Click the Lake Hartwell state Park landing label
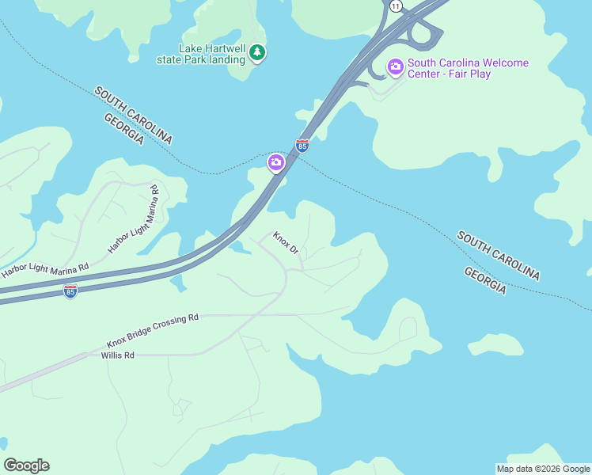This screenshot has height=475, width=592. click(x=211, y=54)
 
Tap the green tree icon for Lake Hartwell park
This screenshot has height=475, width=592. click(x=256, y=53)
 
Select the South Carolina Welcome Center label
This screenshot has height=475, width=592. click(x=468, y=63)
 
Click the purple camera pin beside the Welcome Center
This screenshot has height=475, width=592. click(x=396, y=66)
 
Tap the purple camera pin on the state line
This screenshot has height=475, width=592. click(x=275, y=163)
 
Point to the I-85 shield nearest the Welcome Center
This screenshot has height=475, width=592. click(x=302, y=146)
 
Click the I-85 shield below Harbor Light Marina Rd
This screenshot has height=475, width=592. click(x=70, y=291)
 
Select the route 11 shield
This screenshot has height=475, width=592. click(x=396, y=6)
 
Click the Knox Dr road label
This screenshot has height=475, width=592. click(x=286, y=242)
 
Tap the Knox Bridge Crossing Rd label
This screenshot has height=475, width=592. click(x=153, y=331)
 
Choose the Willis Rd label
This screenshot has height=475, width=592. click(x=118, y=355)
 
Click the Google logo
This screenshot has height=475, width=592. click(x=26, y=465)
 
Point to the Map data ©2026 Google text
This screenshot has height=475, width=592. click(x=543, y=469)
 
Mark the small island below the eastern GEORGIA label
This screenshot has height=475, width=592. click(x=496, y=345)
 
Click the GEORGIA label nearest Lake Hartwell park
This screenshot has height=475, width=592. click(x=123, y=128)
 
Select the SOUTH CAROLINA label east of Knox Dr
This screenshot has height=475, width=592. click(x=499, y=256)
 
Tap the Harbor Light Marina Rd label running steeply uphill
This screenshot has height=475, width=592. click(x=134, y=218)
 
